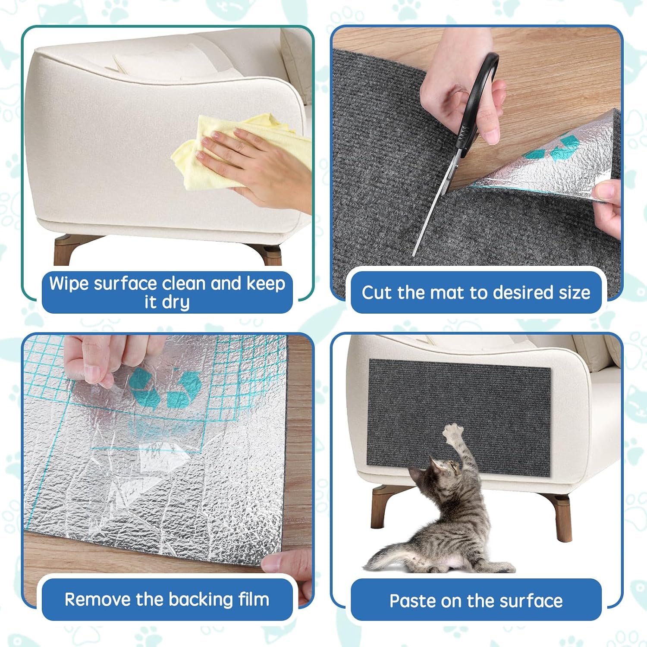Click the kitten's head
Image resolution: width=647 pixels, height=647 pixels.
[x=444, y=471]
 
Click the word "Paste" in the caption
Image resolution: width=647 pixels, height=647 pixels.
[x=411, y=601]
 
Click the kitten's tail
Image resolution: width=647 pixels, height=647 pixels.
[x=388, y=556]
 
